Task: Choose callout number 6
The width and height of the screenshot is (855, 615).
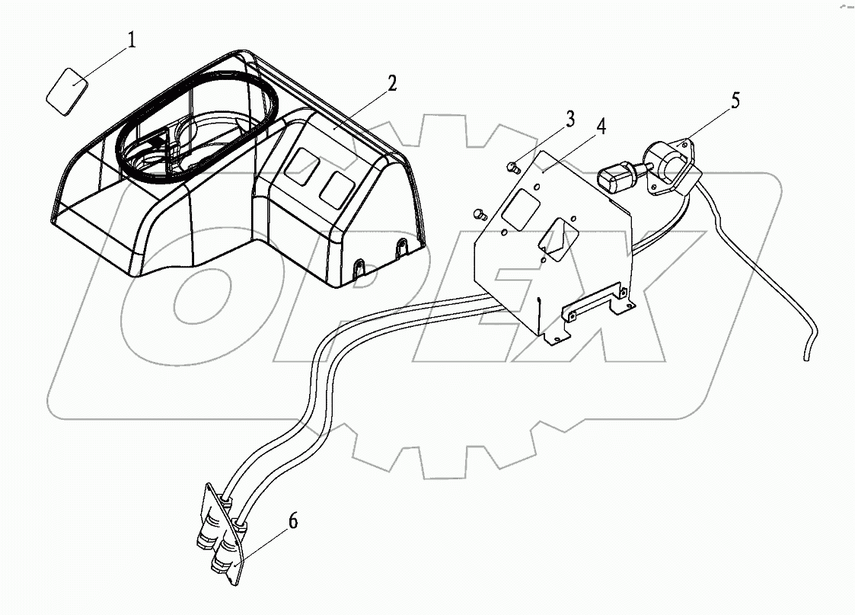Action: tap(293, 522)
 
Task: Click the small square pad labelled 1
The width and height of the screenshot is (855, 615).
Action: tap(67, 91)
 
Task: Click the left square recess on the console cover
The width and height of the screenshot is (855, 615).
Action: tap(298, 165)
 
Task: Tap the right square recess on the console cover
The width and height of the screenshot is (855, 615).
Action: tap(336, 187)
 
